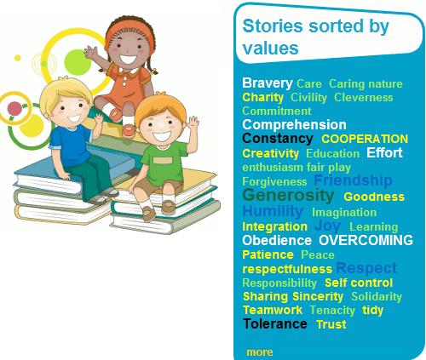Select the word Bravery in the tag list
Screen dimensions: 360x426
pos(267,83)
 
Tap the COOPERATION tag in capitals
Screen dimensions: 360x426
pos(364,139)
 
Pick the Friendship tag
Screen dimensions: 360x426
pos(353,180)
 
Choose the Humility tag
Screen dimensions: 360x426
pos(273,211)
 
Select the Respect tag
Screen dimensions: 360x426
pos(366,268)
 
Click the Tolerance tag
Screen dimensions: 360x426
pos(274,323)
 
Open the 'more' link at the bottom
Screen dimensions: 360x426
pos(259,351)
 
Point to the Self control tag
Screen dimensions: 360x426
pos(358,283)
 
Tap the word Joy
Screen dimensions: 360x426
pos(328,226)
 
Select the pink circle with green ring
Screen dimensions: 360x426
pos(14,108)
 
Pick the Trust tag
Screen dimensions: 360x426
pos(331,324)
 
